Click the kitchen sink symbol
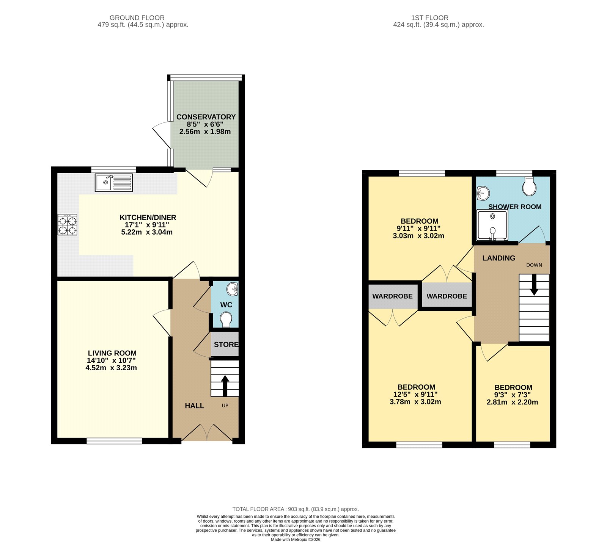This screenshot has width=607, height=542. (113, 183)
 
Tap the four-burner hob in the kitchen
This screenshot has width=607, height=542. (68, 225)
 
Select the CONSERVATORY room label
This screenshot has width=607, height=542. (206, 117)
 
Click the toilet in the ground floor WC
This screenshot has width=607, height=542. (226, 319)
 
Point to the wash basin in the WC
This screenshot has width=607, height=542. (232, 290)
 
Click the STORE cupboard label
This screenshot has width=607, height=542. (226, 345)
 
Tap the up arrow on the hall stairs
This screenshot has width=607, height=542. (225, 385)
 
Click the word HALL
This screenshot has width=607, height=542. (194, 406)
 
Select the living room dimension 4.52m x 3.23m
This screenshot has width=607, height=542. (111, 368)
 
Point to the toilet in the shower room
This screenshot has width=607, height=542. (529, 186)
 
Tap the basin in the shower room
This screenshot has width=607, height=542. (483, 193)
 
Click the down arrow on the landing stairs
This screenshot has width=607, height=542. (534, 285)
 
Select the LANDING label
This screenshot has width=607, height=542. (498, 258)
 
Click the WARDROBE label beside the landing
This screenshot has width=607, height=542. (447, 296)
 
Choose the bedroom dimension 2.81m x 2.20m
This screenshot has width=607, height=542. (512, 402)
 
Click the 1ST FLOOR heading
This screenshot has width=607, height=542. (429, 18)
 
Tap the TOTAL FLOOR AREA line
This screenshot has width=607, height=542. (296, 509)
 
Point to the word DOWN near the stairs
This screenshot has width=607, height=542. (534, 265)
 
